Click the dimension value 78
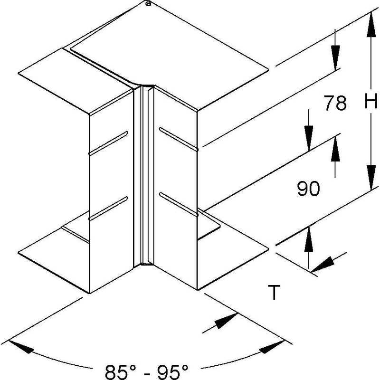pos(335,103)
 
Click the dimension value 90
pos(308,189)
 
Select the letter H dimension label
pos(371,101)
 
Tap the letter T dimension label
pos(274,293)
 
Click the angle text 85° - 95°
pos(147,371)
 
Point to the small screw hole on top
pos(148,4)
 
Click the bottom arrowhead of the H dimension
pos(371,177)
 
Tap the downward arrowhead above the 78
pos(335,58)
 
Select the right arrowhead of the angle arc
pos(272,347)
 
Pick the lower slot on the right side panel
pos(179,204)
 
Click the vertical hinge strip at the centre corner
pos(144,175)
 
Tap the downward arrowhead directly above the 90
pos(309,139)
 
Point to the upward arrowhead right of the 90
pos(335,149)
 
